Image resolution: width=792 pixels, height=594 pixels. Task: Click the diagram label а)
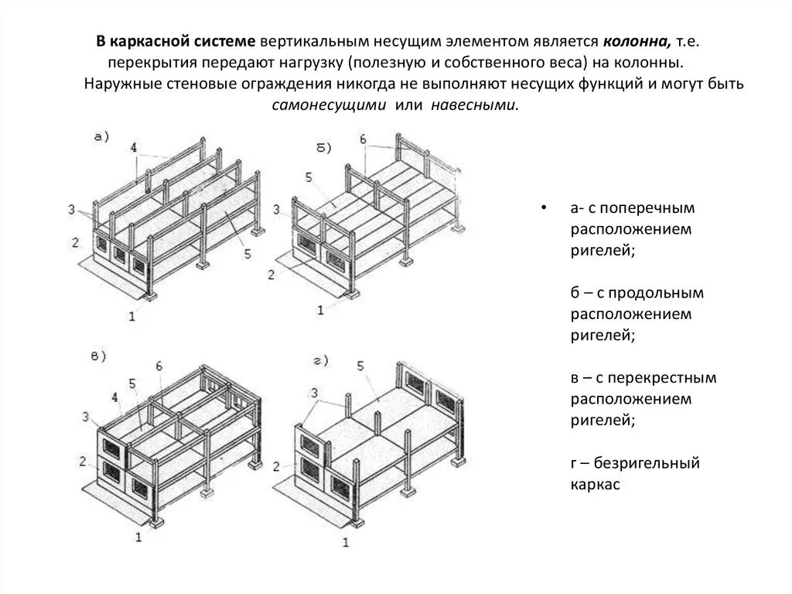(101, 136)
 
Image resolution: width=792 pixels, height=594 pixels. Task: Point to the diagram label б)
(324, 146)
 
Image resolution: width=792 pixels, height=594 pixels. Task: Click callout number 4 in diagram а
(134, 146)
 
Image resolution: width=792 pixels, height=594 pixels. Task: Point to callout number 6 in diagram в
(159, 366)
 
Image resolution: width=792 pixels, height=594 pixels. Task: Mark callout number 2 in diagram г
(276, 465)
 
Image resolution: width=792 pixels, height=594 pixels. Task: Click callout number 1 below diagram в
(138, 536)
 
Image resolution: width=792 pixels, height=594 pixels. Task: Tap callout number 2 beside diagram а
(76, 242)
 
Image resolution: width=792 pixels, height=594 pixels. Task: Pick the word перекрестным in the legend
(657, 379)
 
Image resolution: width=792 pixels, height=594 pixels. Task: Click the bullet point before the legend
(545, 209)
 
